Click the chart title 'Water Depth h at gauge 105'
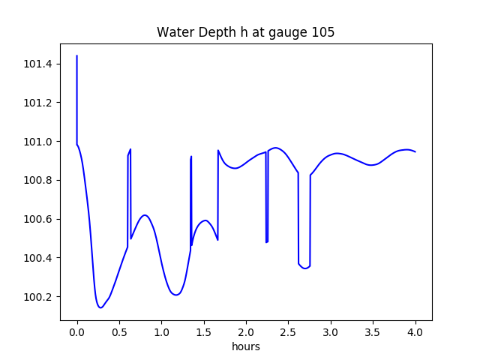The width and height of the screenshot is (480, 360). click(245, 33)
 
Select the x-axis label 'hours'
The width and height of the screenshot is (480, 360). click(245, 347)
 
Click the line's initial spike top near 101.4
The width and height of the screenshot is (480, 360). click(77, 56)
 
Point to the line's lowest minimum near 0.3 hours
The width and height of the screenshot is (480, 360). click(100, 307)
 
